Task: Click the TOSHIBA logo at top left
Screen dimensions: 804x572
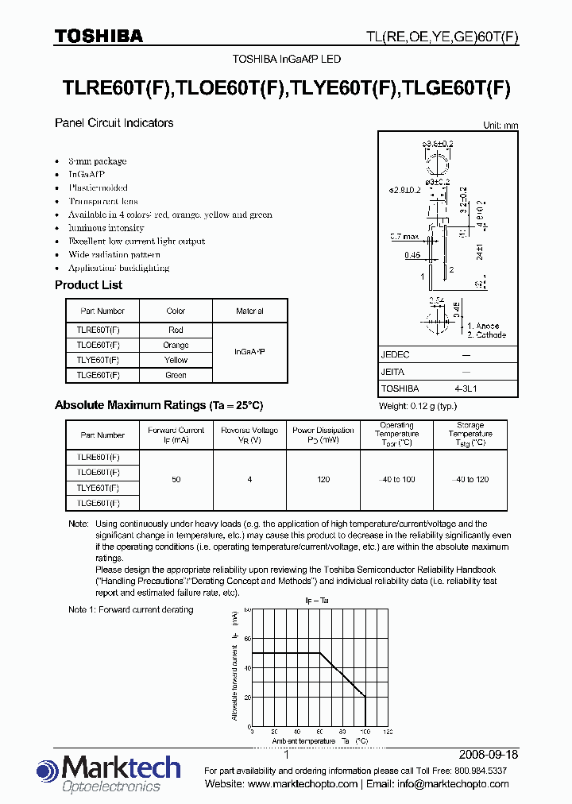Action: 98,36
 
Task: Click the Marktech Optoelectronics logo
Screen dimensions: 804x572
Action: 109,774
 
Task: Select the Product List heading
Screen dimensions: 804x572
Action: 88,285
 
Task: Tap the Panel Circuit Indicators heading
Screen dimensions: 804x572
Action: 114,123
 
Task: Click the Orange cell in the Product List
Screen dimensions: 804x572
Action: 176,345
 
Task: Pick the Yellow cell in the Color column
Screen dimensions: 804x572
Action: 176,360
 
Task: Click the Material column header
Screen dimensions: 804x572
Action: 249,311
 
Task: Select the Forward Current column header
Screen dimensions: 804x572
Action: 176,435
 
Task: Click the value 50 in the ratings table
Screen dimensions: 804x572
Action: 176,480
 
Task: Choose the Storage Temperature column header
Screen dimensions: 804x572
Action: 470,435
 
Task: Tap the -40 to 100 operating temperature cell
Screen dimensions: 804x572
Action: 396,480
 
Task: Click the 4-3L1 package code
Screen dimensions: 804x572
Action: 466,388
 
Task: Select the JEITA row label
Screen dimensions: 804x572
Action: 393,372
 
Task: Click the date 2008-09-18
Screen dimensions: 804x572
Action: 489,755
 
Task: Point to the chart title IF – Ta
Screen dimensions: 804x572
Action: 318,601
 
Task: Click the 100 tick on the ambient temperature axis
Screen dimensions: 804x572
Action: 365,732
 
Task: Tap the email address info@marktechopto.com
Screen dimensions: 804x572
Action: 453,784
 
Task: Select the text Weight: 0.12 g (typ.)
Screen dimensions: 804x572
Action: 418,406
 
